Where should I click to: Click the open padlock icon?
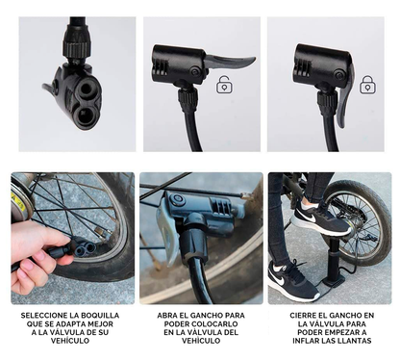225,85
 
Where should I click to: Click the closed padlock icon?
367,85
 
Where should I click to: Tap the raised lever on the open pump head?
231,62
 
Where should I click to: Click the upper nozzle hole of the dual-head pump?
87,89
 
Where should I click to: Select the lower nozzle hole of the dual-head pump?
84,115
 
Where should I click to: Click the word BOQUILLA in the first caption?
100,316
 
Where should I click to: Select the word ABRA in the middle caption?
166,316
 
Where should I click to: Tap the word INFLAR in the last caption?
306,341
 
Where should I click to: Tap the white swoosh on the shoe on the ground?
279,280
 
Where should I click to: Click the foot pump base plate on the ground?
334,282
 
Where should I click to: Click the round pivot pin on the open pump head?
195,71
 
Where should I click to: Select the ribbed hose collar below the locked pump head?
327,102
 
